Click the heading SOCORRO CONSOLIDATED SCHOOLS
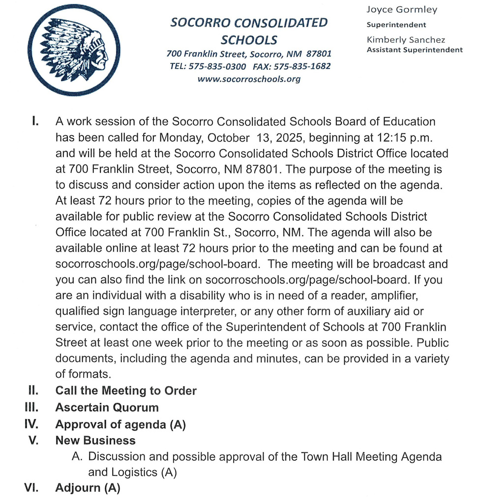coord(248,31)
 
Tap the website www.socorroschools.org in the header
coord(248,79)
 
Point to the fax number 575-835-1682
coord(302,66)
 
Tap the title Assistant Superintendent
coord(415,50)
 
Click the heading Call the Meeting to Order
coord(126,391)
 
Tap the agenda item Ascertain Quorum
coord(107,408)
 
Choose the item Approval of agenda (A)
coord(120,424)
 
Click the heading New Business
coord(95,441)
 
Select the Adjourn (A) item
coord(88,488)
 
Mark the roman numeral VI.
coord(32,488)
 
